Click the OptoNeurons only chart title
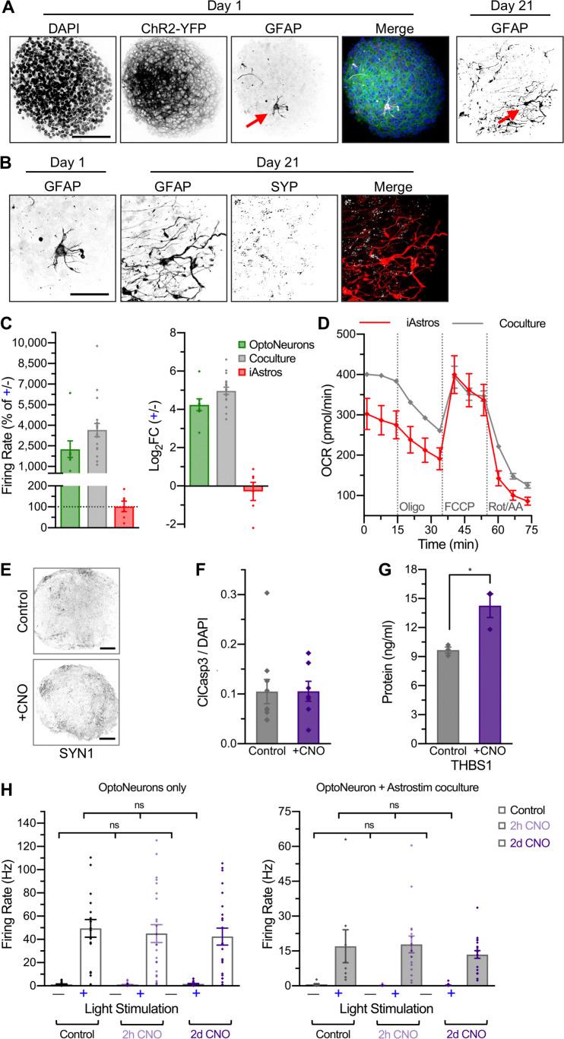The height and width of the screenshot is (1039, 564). (115, 796)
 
